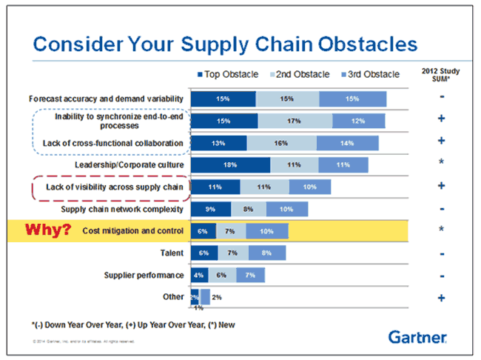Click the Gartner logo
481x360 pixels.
[417, 338]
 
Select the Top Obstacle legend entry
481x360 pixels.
[229, 74]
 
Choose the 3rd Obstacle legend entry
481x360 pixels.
[371, 74]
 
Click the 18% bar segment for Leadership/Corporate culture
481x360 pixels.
[230, 164]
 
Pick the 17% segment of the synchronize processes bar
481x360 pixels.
[295, 121]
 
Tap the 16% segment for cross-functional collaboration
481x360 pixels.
[295, 142]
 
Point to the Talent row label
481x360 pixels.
[172, 253]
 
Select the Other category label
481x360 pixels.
[172, 298]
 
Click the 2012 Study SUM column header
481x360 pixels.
[441, 76]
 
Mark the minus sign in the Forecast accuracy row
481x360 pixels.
[441, 98]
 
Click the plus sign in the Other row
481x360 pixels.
[441, 298]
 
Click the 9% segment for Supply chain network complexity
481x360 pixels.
[211, 209]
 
